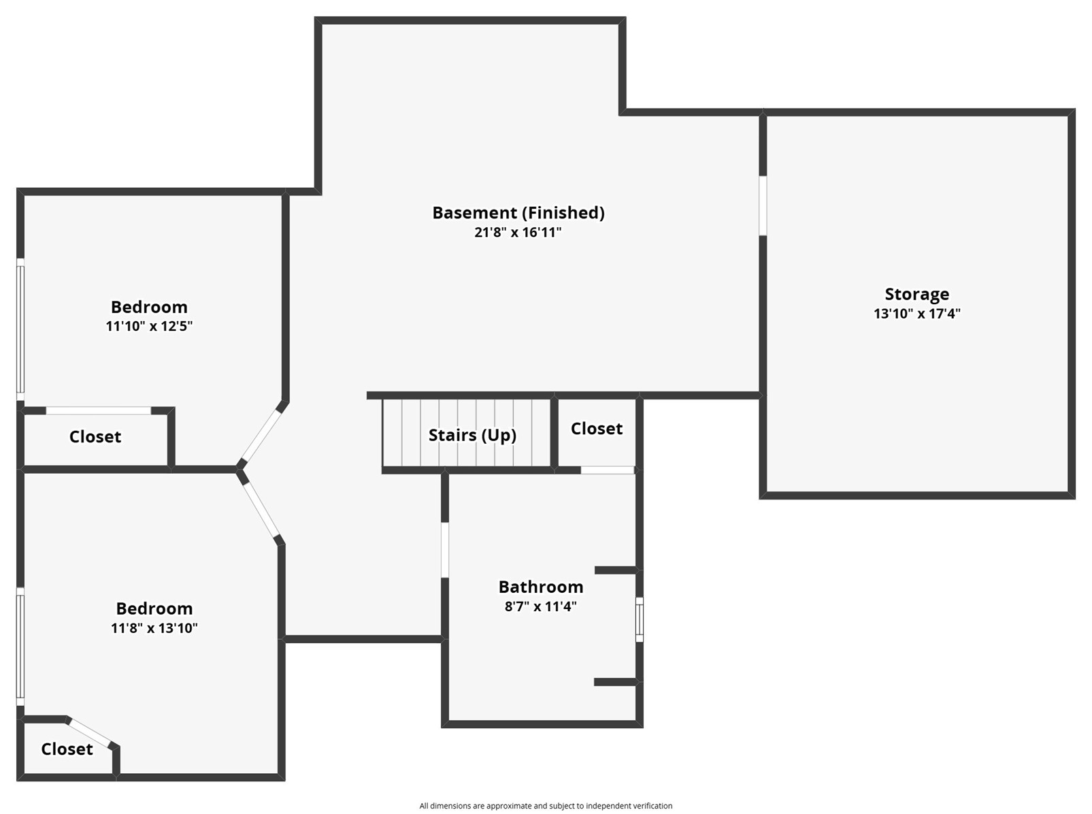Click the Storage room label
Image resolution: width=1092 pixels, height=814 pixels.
[x=916, y=294]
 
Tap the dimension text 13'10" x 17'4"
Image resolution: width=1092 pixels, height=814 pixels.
[x=916, y=313]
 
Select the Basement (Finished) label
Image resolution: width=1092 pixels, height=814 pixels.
[x=518, y=213]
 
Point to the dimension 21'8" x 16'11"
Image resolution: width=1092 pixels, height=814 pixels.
[x=518, y=232]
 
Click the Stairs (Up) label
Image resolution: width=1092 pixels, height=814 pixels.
[x=472, y=435]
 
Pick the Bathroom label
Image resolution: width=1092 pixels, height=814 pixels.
[x=541, y=587]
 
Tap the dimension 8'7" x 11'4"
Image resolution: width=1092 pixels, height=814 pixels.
[x=541, y=606]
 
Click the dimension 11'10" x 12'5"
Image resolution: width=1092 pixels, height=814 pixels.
[x=149, y=326]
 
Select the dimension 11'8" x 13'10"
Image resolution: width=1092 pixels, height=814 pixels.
[x=154, y=628]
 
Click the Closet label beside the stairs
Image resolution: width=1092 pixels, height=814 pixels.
[x=597, y=429]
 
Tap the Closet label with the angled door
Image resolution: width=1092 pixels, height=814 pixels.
[x=67, y=749]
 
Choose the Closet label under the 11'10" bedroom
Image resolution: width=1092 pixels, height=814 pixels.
[x=95, y=436]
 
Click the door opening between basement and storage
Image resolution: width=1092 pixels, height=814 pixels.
[x=763, y=206]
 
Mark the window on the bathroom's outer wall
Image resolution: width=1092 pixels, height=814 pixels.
[x=639, y=619]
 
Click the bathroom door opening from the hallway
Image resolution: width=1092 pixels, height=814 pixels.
[x=444, y=550]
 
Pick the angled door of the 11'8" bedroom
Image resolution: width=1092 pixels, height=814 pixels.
[x=259, y=510]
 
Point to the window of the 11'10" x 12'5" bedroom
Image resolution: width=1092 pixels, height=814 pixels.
[x=20, y=329]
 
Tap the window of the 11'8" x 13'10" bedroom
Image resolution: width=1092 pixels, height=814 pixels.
[x=20, y=647]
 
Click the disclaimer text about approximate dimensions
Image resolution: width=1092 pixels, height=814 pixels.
[x=546, y=806]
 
